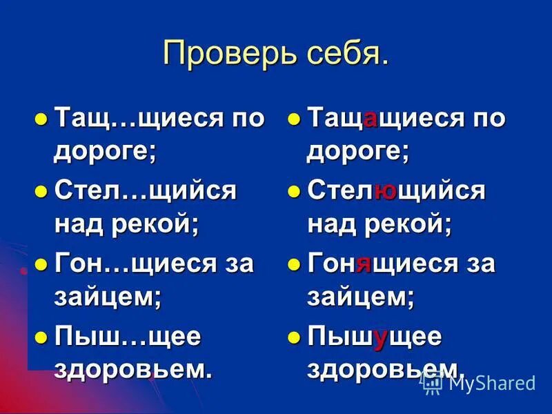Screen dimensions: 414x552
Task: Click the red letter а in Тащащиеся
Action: pyautogui.click(x=370, y=119)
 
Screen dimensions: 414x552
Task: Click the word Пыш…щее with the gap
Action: pyautogui.click(x=127, y=336)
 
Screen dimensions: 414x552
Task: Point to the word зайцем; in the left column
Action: pyautogui.click(x=108, y=297)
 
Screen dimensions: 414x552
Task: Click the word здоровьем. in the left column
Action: pyautogui.click(x=132, y=368)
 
